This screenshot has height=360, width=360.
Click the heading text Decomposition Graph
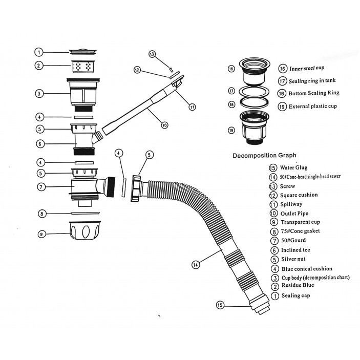click(264, 155)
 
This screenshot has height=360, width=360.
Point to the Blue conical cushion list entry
click(306, 268)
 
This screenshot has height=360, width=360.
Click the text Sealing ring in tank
click(312, 81)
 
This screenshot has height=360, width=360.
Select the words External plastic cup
click(314, 107)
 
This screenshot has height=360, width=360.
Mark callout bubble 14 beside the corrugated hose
click(195, 265)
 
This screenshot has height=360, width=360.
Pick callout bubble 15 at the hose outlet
click(220, 305)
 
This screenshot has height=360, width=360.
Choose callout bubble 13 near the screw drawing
click(152, 54)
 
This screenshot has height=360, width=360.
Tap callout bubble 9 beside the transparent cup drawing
click(43, 234)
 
